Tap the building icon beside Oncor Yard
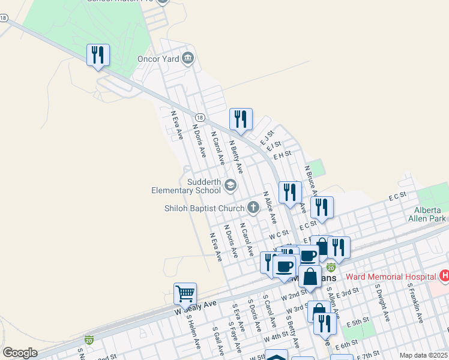tap(188, 58)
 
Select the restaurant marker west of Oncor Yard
tap(97, 56)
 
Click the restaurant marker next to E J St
tap(241, 119)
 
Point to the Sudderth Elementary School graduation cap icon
tap(230, 185)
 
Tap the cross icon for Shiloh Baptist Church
tap(253, 208)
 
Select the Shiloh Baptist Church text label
tap(203, 209)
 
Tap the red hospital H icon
tap(444, 276)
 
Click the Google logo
tap(20, 353)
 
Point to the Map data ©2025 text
tap(423, 355)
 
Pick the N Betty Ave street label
tap(236, 157)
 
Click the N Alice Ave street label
tap(270, 208)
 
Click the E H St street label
tap(282, 154)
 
